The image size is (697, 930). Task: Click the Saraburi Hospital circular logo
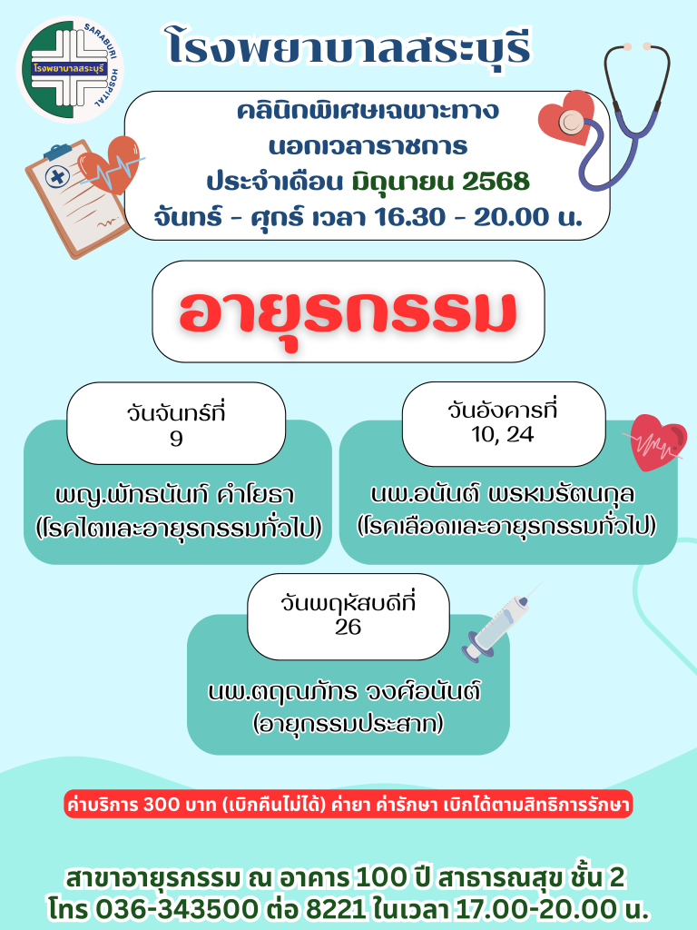[70, 70]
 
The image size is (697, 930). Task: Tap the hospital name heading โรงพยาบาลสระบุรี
[348, 46]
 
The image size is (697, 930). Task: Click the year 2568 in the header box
[496, 182]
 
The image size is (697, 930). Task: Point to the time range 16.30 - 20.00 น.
[478, 217]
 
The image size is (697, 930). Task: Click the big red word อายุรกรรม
[348, 312]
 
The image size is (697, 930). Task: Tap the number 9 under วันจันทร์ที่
[176, 439]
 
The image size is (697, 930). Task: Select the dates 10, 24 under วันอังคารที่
[503, 435]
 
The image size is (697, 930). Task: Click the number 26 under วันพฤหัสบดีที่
[348, 627]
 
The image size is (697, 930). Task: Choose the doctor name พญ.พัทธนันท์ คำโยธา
[175, 495]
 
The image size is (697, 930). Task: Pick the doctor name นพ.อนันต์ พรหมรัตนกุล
[503, 494]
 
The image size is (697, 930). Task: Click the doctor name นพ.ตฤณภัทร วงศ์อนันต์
[344, 691]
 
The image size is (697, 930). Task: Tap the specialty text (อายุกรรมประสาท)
[348, 724]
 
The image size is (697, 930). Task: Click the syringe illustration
[501, 622]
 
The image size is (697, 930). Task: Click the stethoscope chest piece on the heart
[571, 122]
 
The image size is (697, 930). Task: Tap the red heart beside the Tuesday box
[656, 442]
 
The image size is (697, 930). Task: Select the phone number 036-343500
[177, 908]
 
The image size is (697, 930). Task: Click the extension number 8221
[336, 908]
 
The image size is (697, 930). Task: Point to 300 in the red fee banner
[162, 805]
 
